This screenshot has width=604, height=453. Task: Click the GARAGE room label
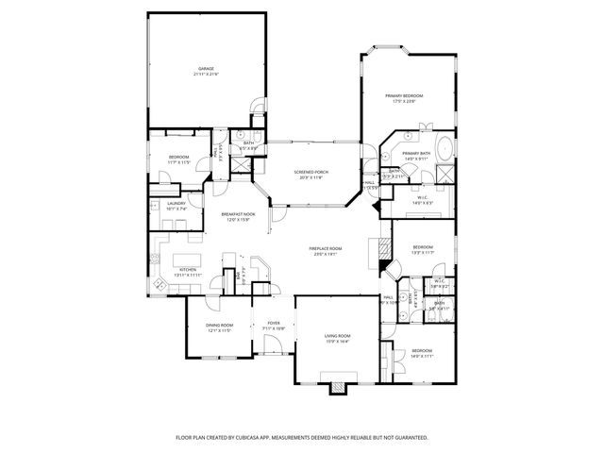pyautogui.click(x=206, y=68)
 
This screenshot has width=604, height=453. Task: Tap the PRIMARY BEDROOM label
pyautogui.click(x=404, y=96)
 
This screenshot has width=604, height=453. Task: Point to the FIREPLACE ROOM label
pyautogui.click(x=326, y=248)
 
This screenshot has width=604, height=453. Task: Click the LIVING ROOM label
pyautogui.click(x=338, y=336)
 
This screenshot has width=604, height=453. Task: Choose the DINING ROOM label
pyautogui.click(x=219, y=326)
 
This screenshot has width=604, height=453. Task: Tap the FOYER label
pyautogui.click(x=274, y=323)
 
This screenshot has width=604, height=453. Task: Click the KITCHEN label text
pyautogui.click(x=187, y=269)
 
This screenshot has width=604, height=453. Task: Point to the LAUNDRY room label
pyautogui.click(x=176, y=203)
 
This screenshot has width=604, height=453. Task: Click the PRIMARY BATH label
pyautogui.click(x=416, y=153)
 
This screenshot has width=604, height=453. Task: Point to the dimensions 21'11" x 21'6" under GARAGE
pyautogui.click(x=206, y=74)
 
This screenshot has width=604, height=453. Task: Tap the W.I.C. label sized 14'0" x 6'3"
pyautogui.click(x=423, y=198)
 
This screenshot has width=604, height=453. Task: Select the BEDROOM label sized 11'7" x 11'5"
pyautogui.click(x=179, y=157)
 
